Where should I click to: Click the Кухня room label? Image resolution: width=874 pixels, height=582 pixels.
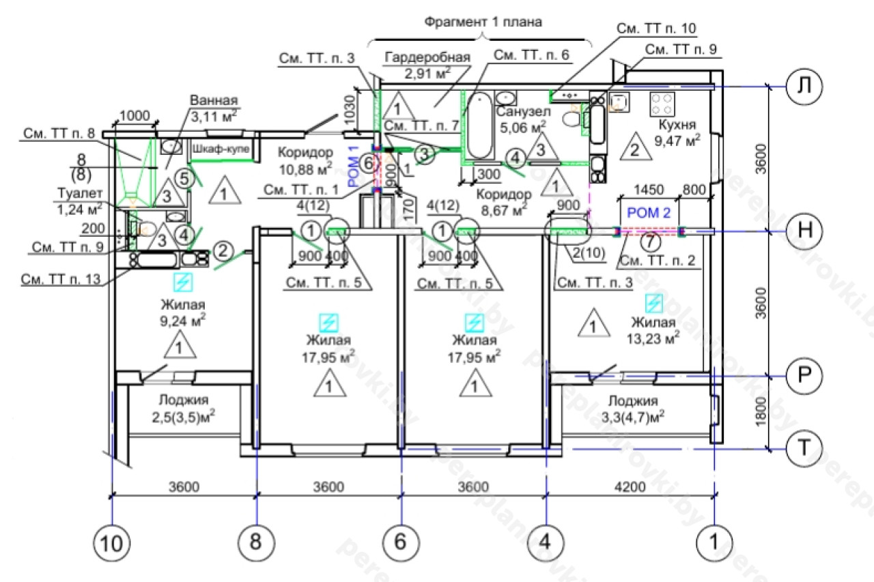tap(677, 126)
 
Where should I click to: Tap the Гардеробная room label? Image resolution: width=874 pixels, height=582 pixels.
tap(427, 57)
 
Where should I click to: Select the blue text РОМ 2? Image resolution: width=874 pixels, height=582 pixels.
tap(648, 214)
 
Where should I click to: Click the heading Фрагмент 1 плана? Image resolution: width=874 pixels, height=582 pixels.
tap(483, 22)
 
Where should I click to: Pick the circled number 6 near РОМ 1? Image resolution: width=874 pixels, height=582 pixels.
tap(367, 163)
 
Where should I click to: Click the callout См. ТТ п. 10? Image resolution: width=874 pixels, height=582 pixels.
tap(656, 29)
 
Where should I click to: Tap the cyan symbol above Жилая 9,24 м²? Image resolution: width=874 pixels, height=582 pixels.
tap(182, 282)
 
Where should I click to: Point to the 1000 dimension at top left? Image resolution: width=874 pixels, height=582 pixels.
tap(136, 115)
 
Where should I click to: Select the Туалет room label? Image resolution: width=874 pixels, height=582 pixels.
tap(79, 194)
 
